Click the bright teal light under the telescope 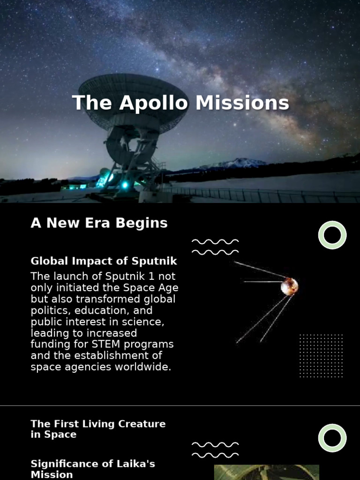click(x=125, y=185)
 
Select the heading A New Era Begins click(x=99, y=223)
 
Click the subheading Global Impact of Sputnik click(x=104, y=261)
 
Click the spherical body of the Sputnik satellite click(x=289, y=286)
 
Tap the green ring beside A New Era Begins click(x=332, y=235)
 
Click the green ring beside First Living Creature click(x=332, y=438)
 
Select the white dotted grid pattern click(x=321, y=356)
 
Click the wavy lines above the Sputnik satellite click(x=215, y=247)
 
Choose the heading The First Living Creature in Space click(x=98, y=429)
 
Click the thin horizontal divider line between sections click(x=180, y=406)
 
